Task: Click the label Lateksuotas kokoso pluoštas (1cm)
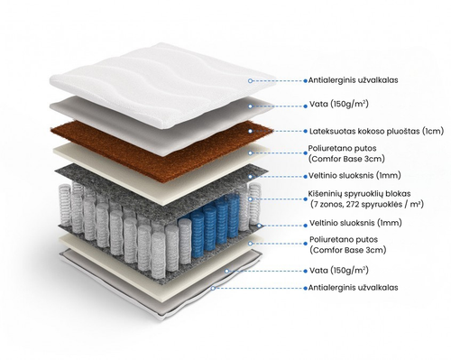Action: coord(376,132)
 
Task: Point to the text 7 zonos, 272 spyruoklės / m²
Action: coord(366,205)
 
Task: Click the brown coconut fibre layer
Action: coord(162,146)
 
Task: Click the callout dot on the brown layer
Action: coord(250,131)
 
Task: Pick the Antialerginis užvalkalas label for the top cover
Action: coord(353,80)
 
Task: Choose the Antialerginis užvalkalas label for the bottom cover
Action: coord(353,288)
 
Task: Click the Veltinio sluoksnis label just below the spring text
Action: coord(355,223)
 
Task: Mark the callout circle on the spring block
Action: coord(250,199)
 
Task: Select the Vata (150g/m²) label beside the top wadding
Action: coord(339,104)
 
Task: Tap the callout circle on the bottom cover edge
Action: coord(213,288)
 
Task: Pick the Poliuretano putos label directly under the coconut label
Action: coord(346,153)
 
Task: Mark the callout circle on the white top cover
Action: coord(250,80)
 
